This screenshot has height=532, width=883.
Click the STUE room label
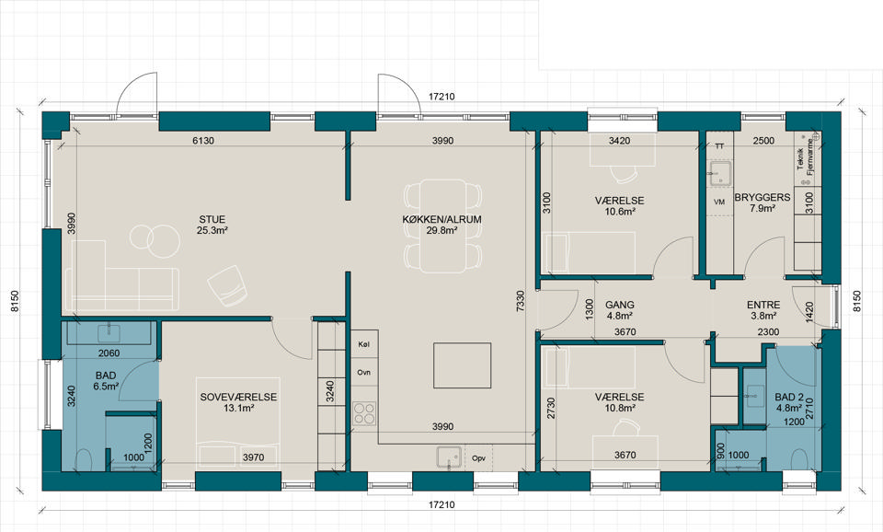(212, 219)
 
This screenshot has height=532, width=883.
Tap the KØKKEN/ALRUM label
(442, 219)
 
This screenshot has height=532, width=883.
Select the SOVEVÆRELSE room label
(239, 397)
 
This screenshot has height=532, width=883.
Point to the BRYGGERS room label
(763, 197)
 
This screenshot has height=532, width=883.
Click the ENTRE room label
(763, 305)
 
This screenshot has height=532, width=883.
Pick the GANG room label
(619, 305)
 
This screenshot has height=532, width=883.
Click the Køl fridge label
(364, 343)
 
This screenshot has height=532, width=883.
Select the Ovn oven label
(364, 373)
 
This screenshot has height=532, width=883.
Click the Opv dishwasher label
(478, 458)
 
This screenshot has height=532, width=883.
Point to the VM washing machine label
(719, 202)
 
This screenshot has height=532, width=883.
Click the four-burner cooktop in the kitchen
(364, 413)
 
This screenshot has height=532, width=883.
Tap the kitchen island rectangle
(462, 365)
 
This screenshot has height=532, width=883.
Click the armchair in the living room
(227, 285)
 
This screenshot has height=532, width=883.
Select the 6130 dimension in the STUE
(203, 141)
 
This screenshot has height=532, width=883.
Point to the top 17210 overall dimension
(441, 97)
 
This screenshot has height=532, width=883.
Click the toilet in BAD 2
(798, 459)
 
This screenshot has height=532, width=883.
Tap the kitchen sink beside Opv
(449, 457)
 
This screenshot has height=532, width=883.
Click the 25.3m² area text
(212, 230)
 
